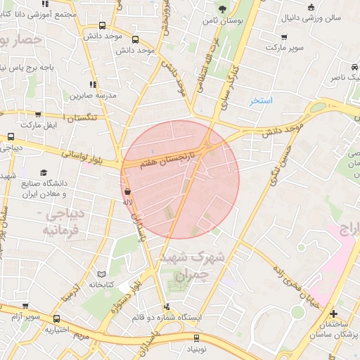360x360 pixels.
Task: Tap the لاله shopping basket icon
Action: coord(128,191)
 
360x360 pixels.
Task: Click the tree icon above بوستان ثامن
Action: coord(222,9)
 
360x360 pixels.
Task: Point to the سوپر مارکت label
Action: coord(285,47)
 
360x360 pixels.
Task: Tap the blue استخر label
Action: coord(264,101)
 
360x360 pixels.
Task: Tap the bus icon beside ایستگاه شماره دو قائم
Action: coord(167,307)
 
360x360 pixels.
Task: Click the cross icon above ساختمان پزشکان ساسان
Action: coord(333,314)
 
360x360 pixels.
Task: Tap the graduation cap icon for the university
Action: coord(44,172)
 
